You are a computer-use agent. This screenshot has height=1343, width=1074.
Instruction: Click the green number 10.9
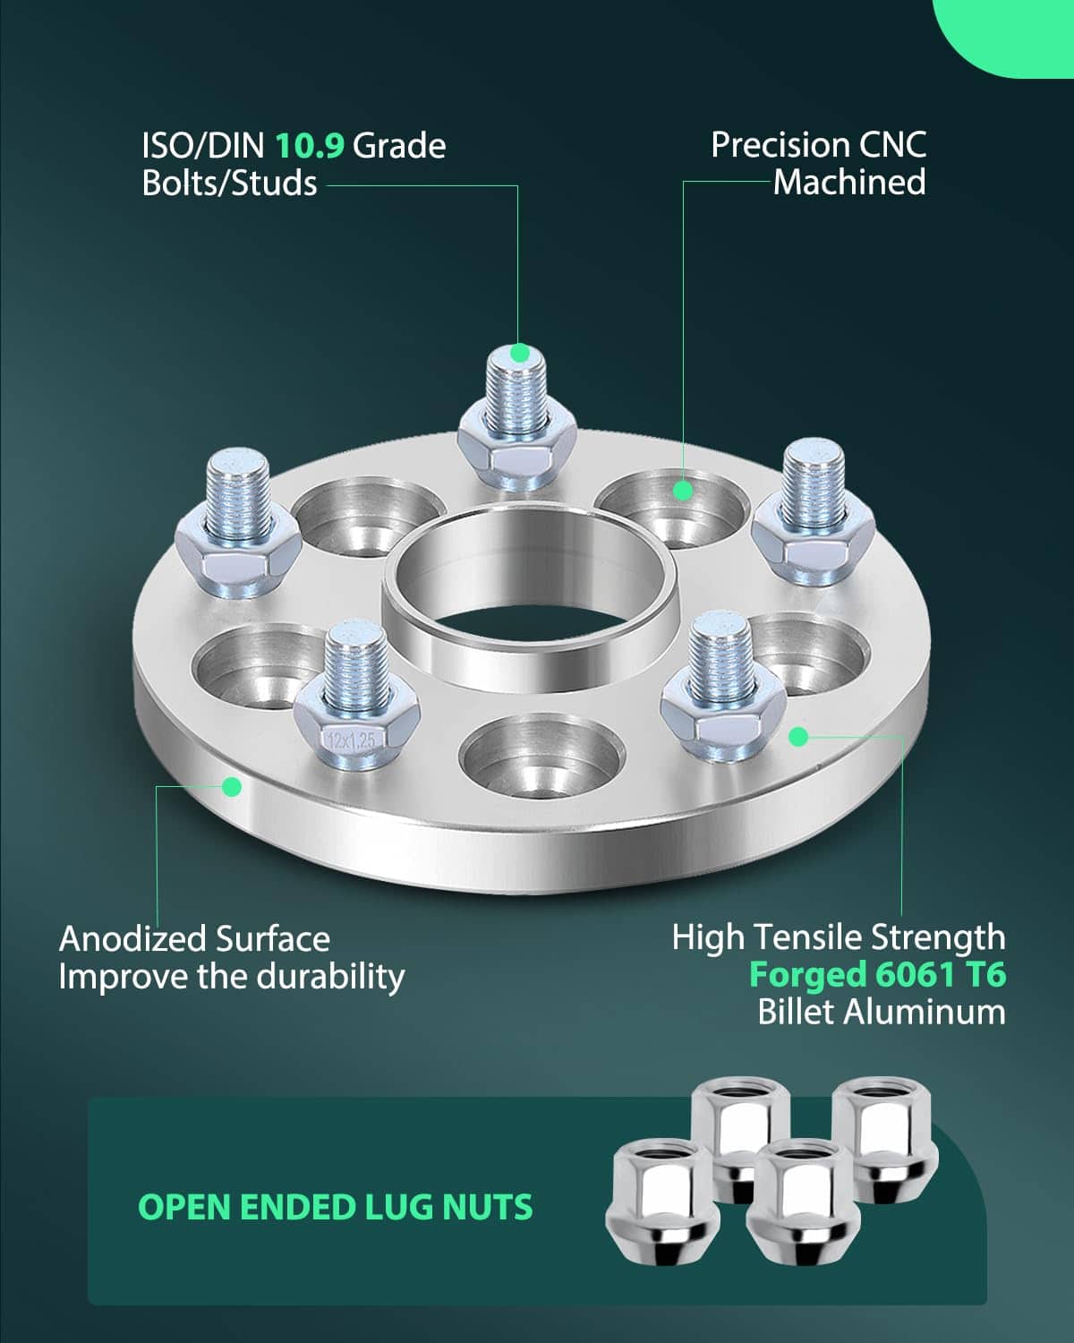click(310, 146)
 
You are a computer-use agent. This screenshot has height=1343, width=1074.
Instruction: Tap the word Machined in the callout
click(849, 183)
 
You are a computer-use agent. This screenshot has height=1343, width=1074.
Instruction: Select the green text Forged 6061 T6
click(877, 974)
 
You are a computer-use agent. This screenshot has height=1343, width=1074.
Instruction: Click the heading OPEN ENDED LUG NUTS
click(336, 1207)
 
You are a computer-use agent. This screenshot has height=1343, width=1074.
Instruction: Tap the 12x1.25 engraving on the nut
click(352, 740)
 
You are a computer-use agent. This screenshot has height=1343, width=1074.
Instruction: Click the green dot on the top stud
click(520, 354)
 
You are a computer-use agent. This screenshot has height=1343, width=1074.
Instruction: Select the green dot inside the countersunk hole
click(683, 491)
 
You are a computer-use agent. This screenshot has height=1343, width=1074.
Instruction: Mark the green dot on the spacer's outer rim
click(232, 786)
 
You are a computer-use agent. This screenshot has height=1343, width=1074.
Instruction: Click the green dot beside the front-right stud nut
click(798, 737)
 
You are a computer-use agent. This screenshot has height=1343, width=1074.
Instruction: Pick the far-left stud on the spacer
click(238, 523)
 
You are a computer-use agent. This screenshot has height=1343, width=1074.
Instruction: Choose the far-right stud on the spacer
click(813, 512)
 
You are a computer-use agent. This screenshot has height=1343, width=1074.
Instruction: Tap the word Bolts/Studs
click(230, 184)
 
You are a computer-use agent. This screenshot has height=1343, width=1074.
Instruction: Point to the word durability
click(331, 978)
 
